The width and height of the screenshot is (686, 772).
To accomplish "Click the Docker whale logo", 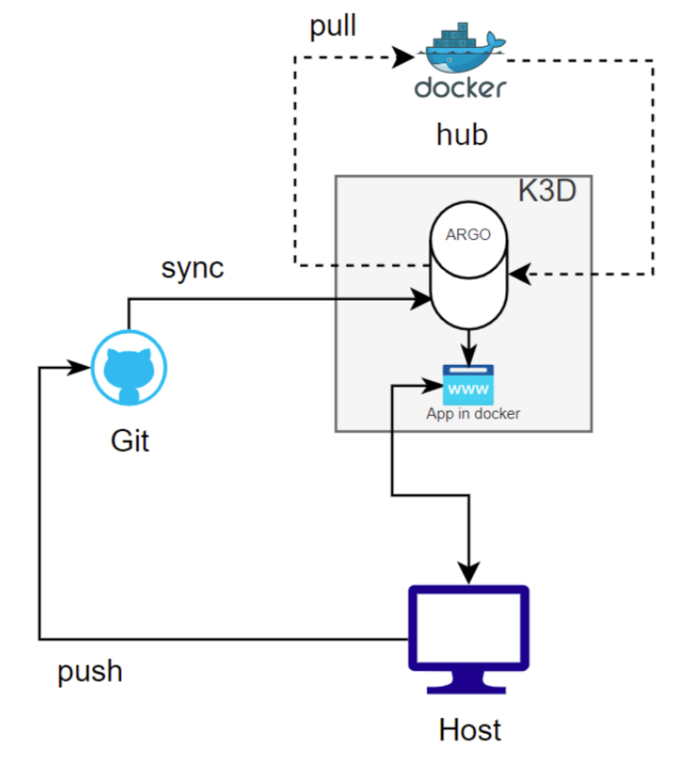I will pyautogui.click(x=460, y=49).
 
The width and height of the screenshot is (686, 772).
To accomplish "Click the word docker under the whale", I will pyautogui.click(x=460, y=88).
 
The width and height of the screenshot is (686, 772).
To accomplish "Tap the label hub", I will pyautogui.click(x=462, y=134).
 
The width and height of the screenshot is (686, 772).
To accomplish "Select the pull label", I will pyautogui.click(x=332, y=26).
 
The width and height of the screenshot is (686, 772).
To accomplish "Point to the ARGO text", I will pyautogui.click(x=468, y=233).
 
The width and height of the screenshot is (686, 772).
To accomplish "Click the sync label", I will pyautogui.click(x=192, y=267).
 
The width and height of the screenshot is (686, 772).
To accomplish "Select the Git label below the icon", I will pyautogui.click(x=131, y=442).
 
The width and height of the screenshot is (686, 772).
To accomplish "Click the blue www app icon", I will pyautogui.click(x=468, y=385).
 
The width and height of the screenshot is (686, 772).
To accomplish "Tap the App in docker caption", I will pyautogui.click(x=473, y=414).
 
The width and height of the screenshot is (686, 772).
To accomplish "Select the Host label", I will pyautogui.click(x=470, y=730).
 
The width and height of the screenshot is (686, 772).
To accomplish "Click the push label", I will pyautogui.click(x=90, y=670).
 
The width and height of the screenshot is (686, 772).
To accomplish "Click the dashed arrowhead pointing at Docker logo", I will pyautogui.click(x=404, y=60).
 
